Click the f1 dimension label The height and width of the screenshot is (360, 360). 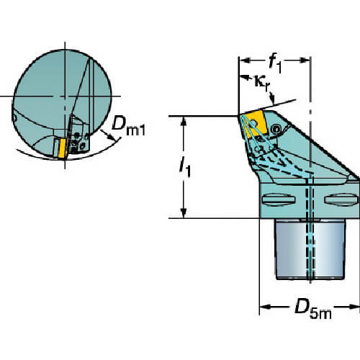(x=275, y=63)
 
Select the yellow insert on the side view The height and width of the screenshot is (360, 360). (x=255, y=125)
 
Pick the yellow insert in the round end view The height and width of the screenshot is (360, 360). (x=63, y=148)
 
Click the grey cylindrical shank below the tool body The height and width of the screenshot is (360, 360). (x=310, y=250)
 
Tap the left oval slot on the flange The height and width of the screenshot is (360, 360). (x=278, y=199)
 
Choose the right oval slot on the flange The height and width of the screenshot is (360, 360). (x=341, y=199)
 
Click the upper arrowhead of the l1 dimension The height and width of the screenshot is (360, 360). (x=184, y=122)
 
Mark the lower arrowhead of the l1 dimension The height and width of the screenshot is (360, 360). (x=184, y=213)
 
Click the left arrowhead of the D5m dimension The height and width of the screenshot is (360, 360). (x=265, y=307)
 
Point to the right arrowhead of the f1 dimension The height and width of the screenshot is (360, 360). (x=305, y=60)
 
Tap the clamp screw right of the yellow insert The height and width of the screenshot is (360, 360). (x=276, y=130)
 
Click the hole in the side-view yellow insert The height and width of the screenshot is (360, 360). (x=253, y=124)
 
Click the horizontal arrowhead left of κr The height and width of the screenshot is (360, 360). (x=244, y=77)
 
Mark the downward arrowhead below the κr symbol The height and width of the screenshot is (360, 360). (x=272, y=98)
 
